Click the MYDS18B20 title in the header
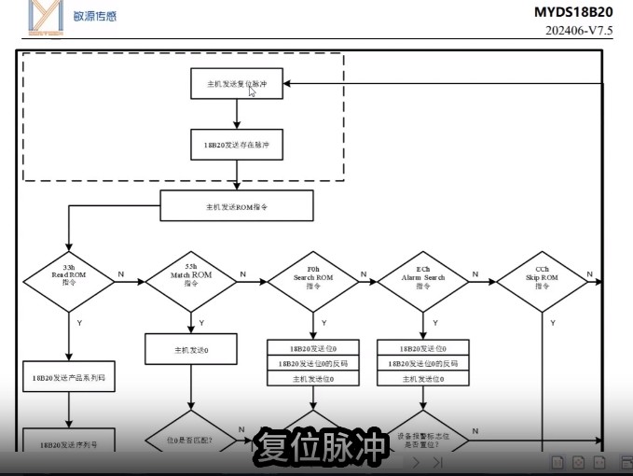(x=573, y=12)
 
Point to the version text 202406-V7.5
(x=579, y=30)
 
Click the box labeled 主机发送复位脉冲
(x=237, y=83)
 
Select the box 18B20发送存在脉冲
(x=237, y=146)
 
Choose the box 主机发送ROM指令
(x=237, y=205)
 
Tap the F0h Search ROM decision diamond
(x=313, y=276)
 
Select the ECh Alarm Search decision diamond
(x=423, y=276)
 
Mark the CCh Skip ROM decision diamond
(x=543, y=276)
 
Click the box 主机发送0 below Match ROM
(x=191, y=350)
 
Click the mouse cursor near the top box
(x=252, y=91)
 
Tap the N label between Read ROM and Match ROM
(x=121, y=273)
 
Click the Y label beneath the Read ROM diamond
(x=78, y=322)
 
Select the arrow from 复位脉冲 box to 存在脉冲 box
(x=237, y=114)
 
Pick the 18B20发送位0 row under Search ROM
(x=313, y=347)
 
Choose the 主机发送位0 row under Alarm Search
(x=423, y=379)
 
